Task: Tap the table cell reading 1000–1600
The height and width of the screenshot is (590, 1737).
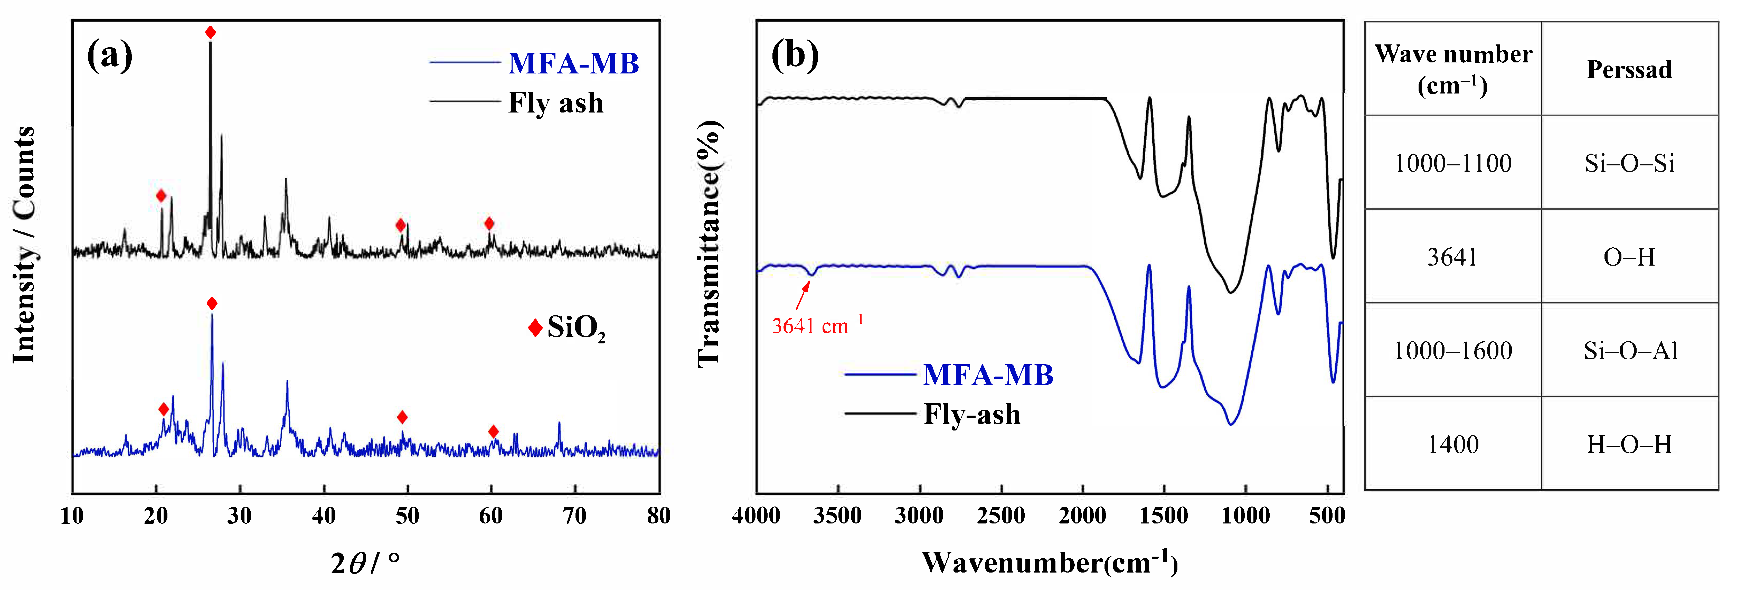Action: [x=1453, y=351]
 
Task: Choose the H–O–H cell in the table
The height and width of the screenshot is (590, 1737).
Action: [x=1630, y=444]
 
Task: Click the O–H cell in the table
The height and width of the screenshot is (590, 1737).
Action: [x=1630, y=257]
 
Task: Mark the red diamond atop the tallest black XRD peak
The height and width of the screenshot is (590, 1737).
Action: [x=210, y=32]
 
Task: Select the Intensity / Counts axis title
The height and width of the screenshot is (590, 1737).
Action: [x=24, y=245]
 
